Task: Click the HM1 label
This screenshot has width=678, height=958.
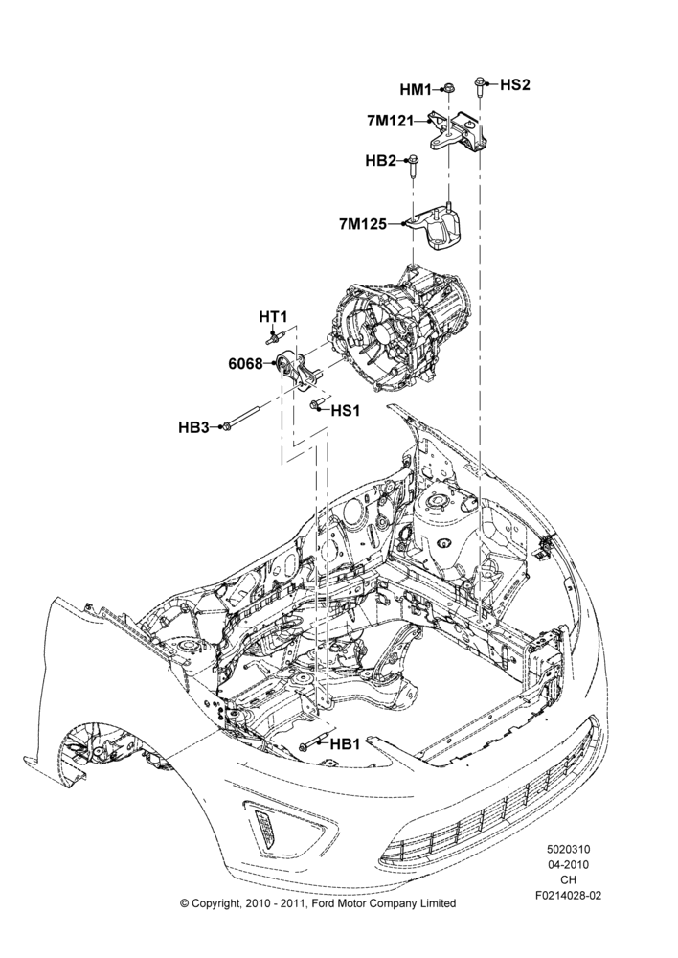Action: click(x=416, y=90)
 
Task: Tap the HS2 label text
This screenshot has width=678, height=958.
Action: click(x=515, y=84)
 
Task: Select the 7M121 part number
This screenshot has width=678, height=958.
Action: click(x=391, y=121)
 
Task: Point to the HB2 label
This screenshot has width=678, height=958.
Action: click(x=380, y=161)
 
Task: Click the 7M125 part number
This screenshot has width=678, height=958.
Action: click(x=363, y=224)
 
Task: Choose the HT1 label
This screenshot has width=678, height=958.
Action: click(x=273, y=316)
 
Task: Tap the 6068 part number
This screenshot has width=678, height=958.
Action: click(x=245, y=364)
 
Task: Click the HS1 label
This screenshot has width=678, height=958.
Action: click(x=345, y=411)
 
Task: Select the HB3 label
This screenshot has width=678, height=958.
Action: click(x=193, y=427)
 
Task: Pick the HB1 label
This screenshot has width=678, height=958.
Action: click(x=345, y=744)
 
